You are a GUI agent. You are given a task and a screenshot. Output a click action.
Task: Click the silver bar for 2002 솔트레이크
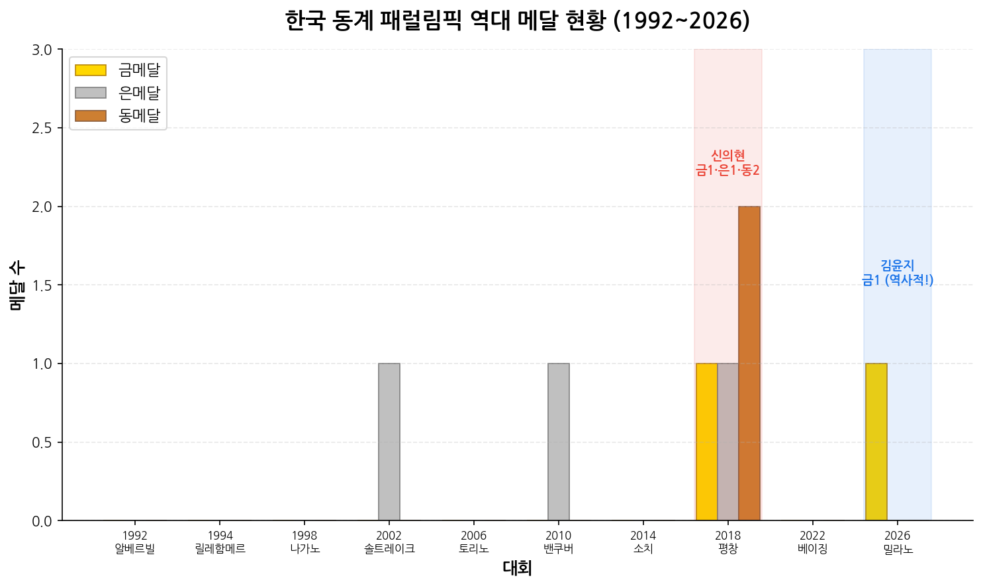(x=389, y=442)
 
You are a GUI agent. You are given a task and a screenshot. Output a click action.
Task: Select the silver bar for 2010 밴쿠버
(x=559, y=442)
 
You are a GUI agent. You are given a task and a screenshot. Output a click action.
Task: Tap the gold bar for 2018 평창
(x=707, y=442)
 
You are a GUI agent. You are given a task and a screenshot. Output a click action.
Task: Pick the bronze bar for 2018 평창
(x=749, y=364)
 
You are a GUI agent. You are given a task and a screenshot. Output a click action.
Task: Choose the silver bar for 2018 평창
(x=728, y=442)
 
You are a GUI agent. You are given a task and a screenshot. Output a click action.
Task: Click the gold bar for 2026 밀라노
(x=876, y=442)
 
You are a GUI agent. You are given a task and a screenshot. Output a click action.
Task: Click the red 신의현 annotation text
(x=727, y=163)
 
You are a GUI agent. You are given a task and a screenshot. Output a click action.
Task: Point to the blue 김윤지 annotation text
(x=898, y=273)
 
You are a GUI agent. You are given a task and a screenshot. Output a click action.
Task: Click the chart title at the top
(x=518, y=21)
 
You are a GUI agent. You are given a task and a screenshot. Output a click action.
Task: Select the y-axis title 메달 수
(x=17, y=285)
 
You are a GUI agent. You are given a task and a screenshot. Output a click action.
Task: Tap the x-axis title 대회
(x=518, y=568)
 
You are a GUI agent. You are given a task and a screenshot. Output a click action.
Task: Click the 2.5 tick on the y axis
(x=42, y=128)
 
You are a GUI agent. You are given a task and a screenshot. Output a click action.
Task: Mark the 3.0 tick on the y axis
(x=42, y=50)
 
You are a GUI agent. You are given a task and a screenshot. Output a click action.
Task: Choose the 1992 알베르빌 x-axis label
(x=135, y=542)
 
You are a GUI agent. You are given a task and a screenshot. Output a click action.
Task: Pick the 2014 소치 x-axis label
(x=643, y=542)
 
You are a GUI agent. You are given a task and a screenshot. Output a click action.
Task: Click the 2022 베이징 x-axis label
(x=813, y=542)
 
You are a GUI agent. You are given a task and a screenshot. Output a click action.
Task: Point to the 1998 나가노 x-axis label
(x=304, y=542)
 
